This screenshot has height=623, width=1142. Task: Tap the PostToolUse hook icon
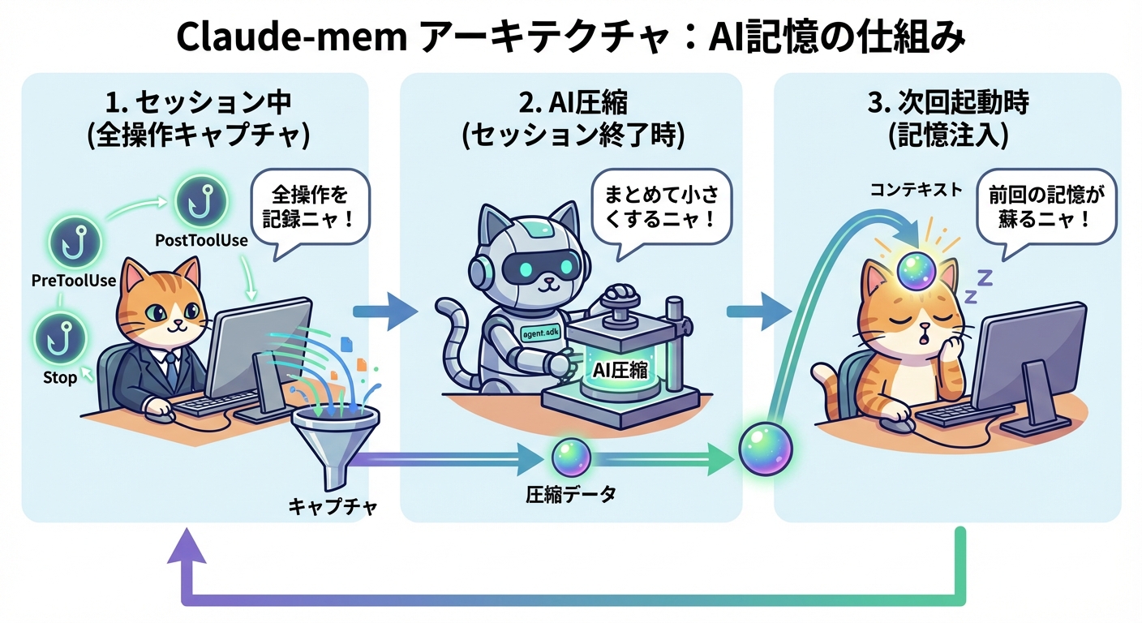tap(196, 200)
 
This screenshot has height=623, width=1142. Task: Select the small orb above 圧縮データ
tap(569, 458)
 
